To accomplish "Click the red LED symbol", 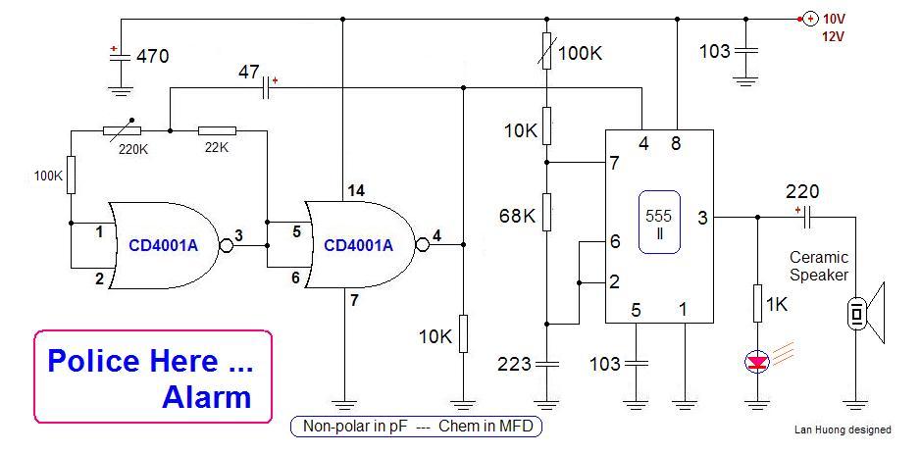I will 757,363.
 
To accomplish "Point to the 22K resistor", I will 217,130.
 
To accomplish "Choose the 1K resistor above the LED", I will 757,303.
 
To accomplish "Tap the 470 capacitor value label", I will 151,56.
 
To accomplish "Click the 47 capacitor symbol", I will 265,89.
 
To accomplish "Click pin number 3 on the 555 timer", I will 700,217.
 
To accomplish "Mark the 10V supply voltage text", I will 835,19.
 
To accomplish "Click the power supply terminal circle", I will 810,19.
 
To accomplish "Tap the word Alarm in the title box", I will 207,397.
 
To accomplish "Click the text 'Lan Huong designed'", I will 843,429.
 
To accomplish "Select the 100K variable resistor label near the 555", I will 581,53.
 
